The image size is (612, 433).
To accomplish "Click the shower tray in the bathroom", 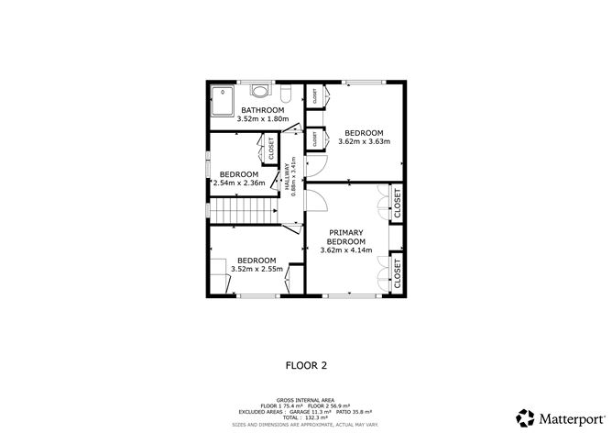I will point(224,98).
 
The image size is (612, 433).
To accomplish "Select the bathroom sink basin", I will point(261,91).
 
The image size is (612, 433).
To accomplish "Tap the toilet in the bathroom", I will point(286,93).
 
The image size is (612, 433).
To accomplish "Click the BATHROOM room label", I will point(263,111).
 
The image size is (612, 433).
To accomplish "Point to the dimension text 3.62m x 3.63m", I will point(364,141).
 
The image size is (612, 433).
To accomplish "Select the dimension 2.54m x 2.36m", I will point(239,183).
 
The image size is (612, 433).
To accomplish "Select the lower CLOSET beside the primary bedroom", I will point(397,272).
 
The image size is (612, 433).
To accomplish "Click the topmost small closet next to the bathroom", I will point(314,94).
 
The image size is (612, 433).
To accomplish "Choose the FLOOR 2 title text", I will point(306,364).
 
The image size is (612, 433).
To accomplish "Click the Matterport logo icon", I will point(526,416).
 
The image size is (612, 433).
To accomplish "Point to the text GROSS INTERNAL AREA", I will point(306,401).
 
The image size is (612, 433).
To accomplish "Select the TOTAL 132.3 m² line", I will point(306,417).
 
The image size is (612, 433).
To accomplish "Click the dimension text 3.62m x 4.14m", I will point(346,250).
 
